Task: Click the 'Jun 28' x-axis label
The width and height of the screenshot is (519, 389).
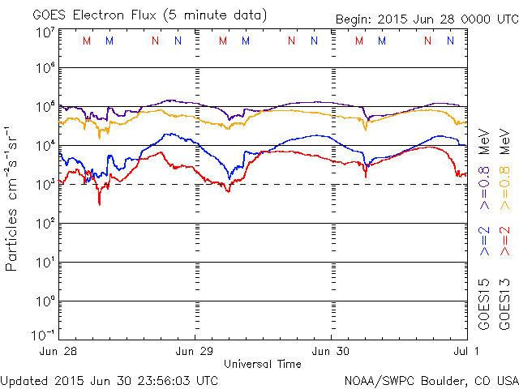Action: (x=59, y=351)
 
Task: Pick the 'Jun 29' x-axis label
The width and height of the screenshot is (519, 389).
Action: (x=195, y=351)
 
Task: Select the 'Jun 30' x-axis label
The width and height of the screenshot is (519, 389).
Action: (x=332, y=351)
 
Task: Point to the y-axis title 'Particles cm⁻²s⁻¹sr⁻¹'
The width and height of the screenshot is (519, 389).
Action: (x=13, y=198)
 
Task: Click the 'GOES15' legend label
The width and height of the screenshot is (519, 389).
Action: (x=483, y=304)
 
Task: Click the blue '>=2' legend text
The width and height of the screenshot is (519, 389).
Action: (x=483, y=241)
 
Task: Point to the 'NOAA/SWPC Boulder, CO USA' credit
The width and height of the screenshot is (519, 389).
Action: (x=431, y=379)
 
